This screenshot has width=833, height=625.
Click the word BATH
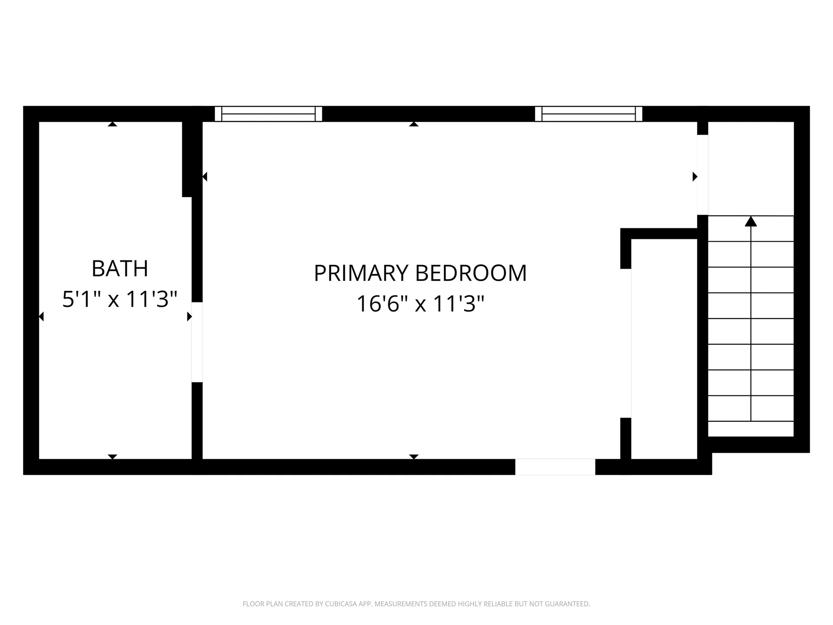[120, 269]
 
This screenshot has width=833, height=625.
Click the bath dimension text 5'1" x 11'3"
[120, 299]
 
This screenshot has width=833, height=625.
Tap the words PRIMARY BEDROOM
[420, 273]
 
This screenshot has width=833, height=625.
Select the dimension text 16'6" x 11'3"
[420, 303]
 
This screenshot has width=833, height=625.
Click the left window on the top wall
[269, 114]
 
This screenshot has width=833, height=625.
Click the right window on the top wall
[588, 114]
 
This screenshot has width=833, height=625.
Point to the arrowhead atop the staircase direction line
[751, 221]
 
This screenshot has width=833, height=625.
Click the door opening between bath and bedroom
[197, 342]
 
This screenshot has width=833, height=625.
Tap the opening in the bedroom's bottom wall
[555, 467]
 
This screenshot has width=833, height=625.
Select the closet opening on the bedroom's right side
[626, 343]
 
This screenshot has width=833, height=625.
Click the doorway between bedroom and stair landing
[702, 174]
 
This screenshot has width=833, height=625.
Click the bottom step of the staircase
[751, 408]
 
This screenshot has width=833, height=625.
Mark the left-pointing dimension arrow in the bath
[41, 317]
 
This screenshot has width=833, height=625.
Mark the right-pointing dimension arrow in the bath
[189, 317]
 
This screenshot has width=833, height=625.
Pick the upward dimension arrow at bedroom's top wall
[413, 124]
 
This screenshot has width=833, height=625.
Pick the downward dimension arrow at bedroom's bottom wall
[413, 457]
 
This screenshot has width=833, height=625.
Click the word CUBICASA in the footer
[343, 604]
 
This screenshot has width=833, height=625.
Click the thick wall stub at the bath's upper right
[187, 159]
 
